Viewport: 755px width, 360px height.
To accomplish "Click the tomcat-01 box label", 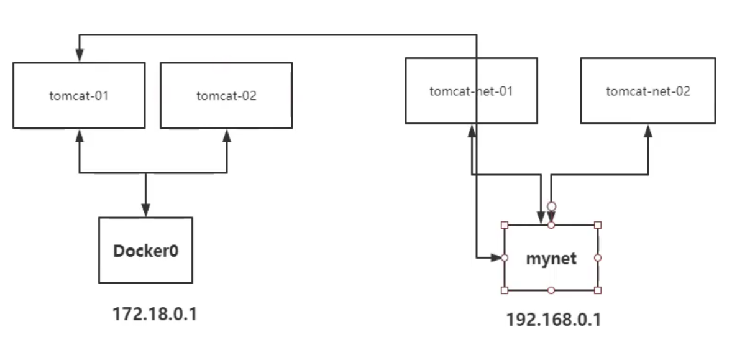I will pyautogui.click(x=79, y=96).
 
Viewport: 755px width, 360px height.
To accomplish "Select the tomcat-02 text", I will pyautogui.click(x=226, y=96).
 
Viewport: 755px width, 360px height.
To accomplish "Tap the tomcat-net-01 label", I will pyautogui.click(x=471, y=91).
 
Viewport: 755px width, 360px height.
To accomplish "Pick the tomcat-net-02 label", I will pyautogui.click(x=647, y=91).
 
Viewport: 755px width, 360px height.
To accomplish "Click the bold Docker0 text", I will pyautogui.click(x=145, y=251).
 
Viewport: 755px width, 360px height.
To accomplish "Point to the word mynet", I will pyautogui.click(x=551, y=258).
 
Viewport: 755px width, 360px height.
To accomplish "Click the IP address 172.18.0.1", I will pyautogui.click(x=154, y=314).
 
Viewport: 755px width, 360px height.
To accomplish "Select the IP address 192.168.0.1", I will pyautogui.click(x=554, y=320).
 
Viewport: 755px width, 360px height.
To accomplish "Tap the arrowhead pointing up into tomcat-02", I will pyautogui.click(x=227, y=135).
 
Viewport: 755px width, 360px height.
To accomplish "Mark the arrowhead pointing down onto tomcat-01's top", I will pyautogui.click(x=80, y=56).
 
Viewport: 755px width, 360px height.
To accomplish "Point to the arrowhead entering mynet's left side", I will pyautogui.click(x=496, y=257).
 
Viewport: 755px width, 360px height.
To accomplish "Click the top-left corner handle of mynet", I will pyautogui.click(x=505, y=225).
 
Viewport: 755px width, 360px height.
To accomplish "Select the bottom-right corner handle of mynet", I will pyautogui.click(x=598, y=290).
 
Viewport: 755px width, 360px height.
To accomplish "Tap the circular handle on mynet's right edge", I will pyautogui.click(x=598, y=257).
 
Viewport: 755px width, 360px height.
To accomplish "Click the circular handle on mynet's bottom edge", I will pyautogui.click(x=551, y=290).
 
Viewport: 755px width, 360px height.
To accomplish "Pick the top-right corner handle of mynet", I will pyautogui.click(x=598, y=225).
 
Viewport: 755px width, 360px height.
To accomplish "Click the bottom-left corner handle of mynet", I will pyautogui.click(x=505, y=290).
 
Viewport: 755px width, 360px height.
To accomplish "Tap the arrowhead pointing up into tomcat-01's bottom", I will pyautogui.click(x=80, y=135).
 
